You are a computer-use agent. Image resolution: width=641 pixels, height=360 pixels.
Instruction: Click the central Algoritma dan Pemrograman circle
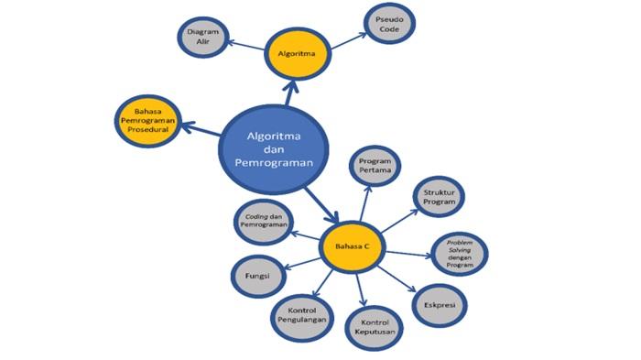[274, 149]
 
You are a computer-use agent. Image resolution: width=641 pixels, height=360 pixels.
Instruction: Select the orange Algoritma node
[298, 54]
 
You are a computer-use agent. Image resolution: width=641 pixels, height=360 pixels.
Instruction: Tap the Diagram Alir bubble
[202, 37]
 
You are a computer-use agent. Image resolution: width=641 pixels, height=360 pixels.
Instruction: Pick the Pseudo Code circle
[389, 24]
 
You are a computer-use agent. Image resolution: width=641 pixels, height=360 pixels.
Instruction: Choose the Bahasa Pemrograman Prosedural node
[148, 121]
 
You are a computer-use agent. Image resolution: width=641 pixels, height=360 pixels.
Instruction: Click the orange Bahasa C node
[352, 246]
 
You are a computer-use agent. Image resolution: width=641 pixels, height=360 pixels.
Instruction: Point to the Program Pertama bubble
[375, 166]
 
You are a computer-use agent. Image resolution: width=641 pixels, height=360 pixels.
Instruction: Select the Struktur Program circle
[439, 197]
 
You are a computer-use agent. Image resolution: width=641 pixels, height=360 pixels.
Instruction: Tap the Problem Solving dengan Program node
[460, 254]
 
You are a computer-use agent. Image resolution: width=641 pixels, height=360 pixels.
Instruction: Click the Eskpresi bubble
[440, 305]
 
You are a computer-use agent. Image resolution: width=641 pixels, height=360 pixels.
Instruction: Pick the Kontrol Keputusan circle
[375, 327]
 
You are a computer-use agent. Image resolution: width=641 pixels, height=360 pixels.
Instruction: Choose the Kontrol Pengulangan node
[302, 315]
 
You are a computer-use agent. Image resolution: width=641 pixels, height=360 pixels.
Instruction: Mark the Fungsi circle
[258, 276]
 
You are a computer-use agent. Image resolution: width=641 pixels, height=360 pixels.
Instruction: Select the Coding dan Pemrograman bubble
[264, 222]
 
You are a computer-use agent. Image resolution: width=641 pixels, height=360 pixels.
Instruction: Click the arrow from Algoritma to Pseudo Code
[349, 41]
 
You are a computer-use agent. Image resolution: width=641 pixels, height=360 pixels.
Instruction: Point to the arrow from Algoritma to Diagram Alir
[245, 45]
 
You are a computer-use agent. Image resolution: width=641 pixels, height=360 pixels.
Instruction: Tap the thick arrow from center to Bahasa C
[320, 204]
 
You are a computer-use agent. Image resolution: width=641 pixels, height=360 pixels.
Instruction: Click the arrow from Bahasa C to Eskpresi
[397, 279]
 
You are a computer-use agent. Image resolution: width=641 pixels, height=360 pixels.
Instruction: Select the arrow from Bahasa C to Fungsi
[302, 264]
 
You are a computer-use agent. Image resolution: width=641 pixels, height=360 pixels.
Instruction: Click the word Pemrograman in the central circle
[274, 163]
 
